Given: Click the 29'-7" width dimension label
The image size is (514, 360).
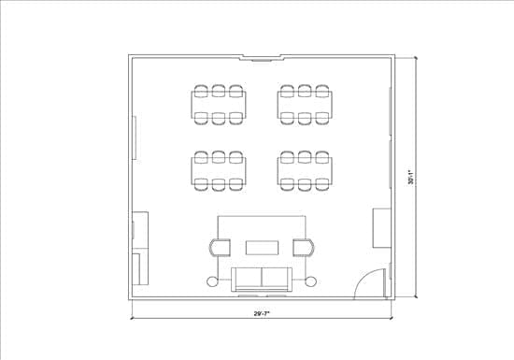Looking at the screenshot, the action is click(262, 313).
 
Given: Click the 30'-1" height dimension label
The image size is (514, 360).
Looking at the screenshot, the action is click(411, 177).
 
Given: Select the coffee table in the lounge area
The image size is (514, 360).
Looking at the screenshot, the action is click(263, 248).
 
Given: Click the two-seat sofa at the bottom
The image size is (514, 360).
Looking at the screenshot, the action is click(262, 280).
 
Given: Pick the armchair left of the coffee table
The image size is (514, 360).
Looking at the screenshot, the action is click(220, 248).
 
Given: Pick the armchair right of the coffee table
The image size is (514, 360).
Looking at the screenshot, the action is click(304, 248).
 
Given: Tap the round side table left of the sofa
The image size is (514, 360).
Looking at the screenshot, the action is click(212, 281).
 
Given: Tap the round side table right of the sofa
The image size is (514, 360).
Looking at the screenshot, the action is click(310, 281).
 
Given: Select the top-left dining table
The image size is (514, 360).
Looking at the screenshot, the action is click(219, 105).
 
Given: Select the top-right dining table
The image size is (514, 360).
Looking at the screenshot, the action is click(305, 105).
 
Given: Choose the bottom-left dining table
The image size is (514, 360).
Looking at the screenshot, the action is click(219, 171).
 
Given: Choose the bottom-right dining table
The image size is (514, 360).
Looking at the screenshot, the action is click(305, 171).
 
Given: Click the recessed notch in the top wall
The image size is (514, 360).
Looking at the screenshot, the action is click(262, 57).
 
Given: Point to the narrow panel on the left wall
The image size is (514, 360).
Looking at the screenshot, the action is click(134, 137).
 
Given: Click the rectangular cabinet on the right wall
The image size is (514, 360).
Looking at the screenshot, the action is click(382, 228).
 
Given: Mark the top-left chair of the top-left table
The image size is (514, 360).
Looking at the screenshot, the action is click(201, 91).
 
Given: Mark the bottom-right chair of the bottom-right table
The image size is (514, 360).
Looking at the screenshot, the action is click(322, 184).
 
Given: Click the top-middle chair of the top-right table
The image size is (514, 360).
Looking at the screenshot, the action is click(305, 91).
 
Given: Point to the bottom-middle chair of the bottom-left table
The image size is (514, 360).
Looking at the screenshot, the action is click(219, 184).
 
